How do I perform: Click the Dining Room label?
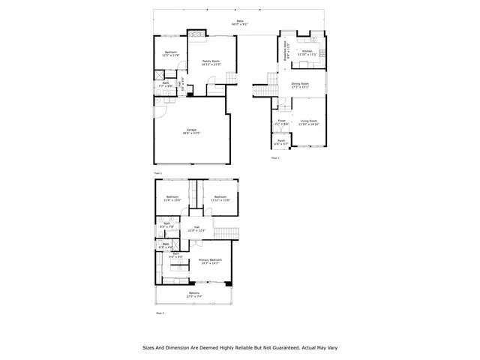pyautogui.click(x=301, y=85)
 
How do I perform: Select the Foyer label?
pyautogui.click(x=282, y=121)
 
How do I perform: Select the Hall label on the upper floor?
pyautogui.click(x=195, y=229)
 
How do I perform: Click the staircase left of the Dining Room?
pyautogui.click(x=260, y=91)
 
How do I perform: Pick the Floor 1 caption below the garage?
pyautogui.click(x=158, y=172)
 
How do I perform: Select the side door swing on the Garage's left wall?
pyautogui.click(x=158, y=113)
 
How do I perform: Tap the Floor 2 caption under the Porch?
pyautogui.click(x=274, y=158)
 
